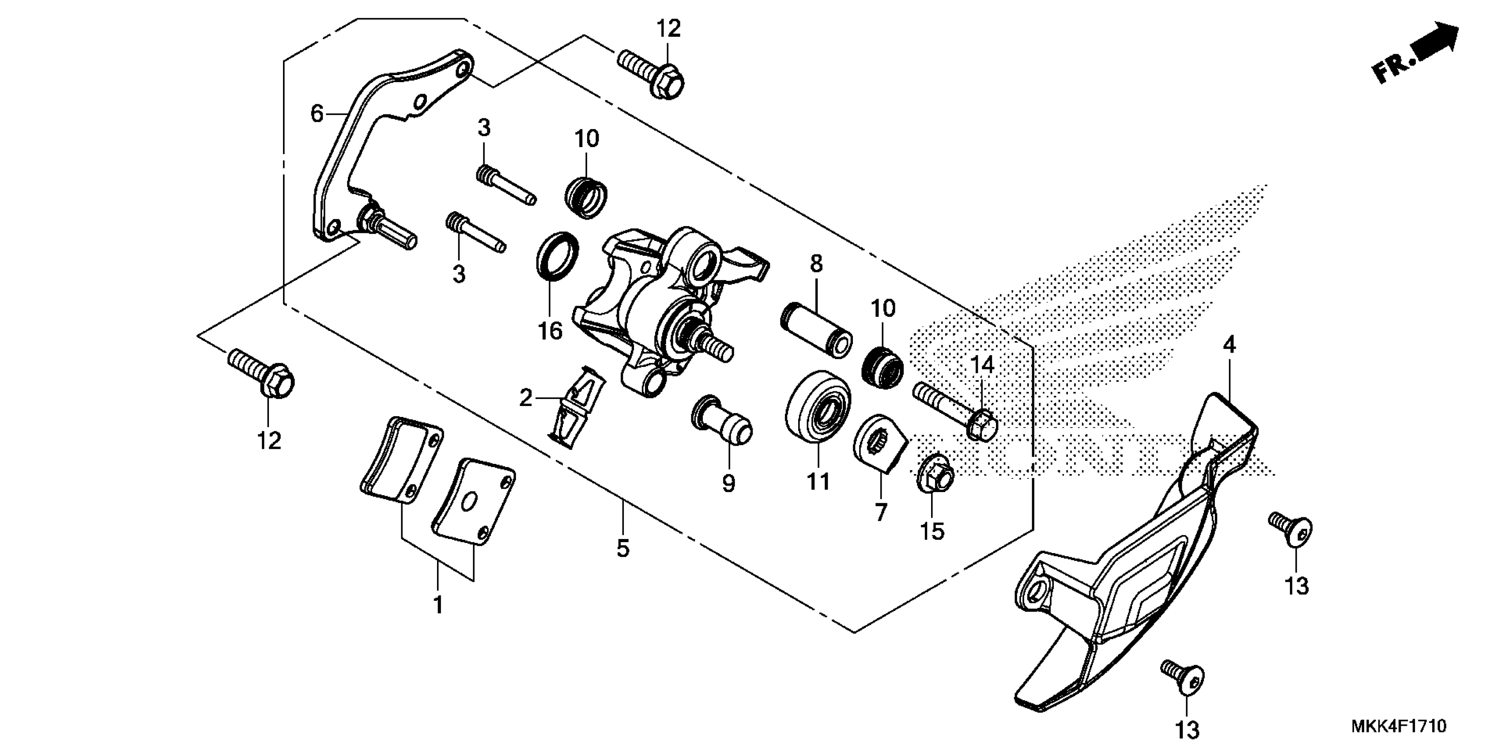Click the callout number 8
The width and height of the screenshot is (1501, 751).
tap(816, 264)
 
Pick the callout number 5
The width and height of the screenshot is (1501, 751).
tap(623, 549)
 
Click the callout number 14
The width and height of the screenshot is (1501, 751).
tap(982, 365)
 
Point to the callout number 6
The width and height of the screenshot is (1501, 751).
tap(317, 114)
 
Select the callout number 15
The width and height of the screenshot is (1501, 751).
tap(932, 531)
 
